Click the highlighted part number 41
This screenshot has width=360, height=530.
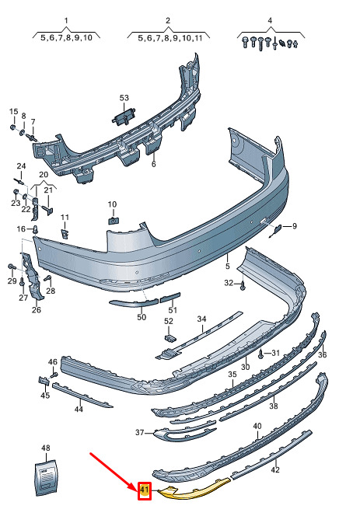145,490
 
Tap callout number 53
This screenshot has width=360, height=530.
124,98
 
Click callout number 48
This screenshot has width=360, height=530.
46,448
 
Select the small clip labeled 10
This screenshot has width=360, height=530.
113,221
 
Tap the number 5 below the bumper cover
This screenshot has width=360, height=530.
227,266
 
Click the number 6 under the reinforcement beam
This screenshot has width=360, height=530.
154,164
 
